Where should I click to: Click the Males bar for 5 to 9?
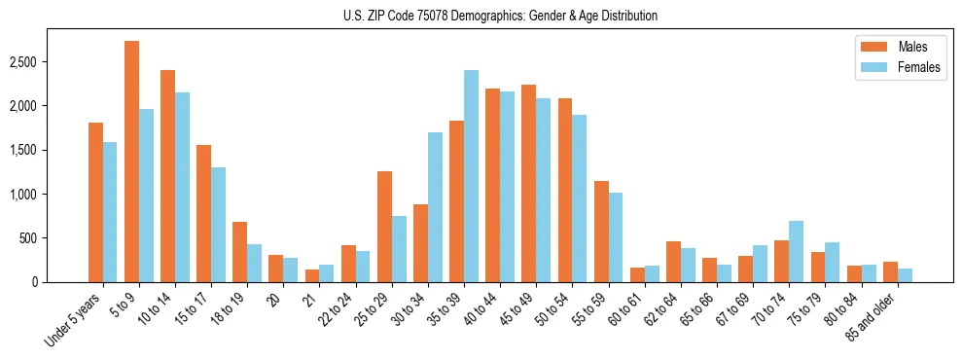pyautogui.click(x=131, y=162)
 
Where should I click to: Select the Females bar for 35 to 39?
pyautogui.click(x=471, y=176)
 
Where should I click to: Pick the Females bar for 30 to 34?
pyautogui.click(x=435, y=207)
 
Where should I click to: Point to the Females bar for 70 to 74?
pyautogui.click(x=796, y=251)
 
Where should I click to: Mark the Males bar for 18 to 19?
pyautogui.click(x=239, y=252)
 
